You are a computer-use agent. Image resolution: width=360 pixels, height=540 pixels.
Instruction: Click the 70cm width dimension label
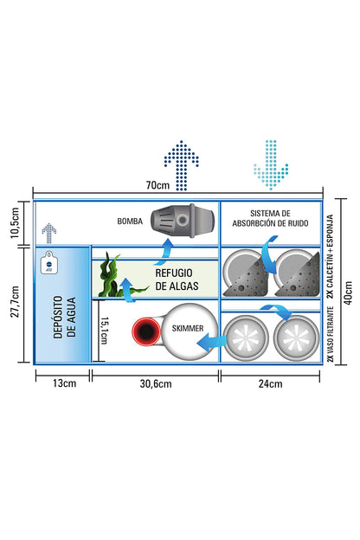click(157, 185)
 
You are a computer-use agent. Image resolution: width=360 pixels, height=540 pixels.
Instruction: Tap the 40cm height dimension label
click(349, 292)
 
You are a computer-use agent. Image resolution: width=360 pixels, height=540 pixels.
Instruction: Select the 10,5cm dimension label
click(15, 222)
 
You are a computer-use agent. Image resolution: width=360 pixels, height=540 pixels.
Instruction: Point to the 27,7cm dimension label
click(15, 302)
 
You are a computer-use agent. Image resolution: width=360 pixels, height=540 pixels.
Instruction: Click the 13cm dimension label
click(64, 383)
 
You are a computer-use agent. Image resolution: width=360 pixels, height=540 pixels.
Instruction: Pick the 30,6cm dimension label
click(156, 383)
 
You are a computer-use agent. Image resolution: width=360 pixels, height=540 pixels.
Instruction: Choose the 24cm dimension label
click(270, 383)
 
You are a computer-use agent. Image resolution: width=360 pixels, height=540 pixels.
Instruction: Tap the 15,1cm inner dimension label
click(104, 331)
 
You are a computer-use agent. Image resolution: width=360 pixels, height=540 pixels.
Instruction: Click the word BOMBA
click(130, 221)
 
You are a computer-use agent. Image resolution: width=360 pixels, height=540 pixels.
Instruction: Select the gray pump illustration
click(183, 220)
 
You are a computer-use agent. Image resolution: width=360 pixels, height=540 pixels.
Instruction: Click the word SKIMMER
click(188, 328)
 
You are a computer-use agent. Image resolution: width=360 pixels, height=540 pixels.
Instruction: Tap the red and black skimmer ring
click(146, 331)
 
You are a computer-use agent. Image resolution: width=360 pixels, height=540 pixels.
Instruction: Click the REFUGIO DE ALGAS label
click(177, 280)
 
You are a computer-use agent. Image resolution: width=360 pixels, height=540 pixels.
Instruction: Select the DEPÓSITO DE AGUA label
click(64, 318)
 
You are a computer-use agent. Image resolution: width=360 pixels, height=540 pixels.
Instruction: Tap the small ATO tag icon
click(49, 262)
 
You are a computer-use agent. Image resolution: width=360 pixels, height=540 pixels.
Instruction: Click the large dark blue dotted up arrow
click(182, 165)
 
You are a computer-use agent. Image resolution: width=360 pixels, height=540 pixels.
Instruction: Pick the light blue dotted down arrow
click(271, 164)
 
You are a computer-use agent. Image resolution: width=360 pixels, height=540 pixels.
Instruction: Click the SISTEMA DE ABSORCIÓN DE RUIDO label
click(270, 218)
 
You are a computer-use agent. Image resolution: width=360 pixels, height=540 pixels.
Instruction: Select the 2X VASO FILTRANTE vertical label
click(331, 334)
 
